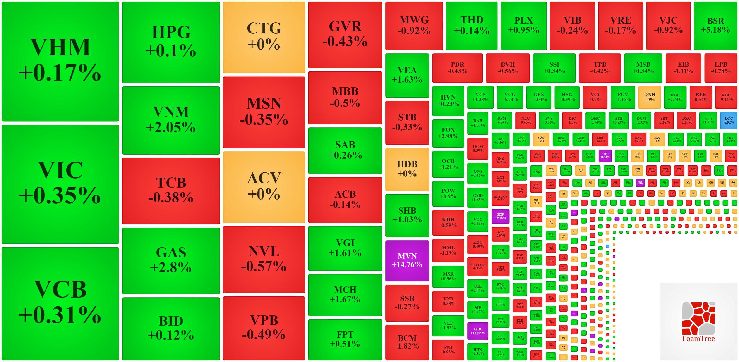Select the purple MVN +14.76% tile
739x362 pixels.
click(407, 260)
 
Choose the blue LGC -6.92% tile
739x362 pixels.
click(728, 120)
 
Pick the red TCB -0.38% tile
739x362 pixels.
click(171, 191)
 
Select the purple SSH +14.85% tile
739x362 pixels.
click(478, 331)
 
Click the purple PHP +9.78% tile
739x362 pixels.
click(500, 216)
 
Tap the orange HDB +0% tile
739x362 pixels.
click(407, 169)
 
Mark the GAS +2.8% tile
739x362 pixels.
click(171, 260)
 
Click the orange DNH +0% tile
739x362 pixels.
click(650, 97)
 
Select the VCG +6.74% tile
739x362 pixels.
click(510, 97)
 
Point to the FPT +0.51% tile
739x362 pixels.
click(345, 339)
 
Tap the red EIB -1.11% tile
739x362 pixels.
click(683, 68)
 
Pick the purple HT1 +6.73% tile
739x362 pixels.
click(605, 156)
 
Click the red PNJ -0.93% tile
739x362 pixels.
click(448, 350)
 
